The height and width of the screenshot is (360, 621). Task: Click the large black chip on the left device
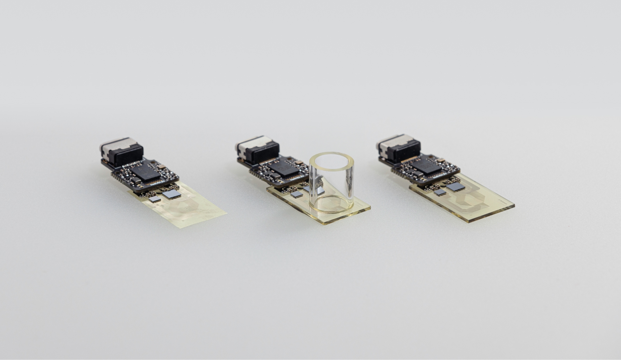[x=146, y=172]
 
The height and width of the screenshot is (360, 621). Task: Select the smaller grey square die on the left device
[x=155, y=199]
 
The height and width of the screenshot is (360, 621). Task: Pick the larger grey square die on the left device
[x=171, y=194]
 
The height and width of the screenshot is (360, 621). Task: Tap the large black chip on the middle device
[x=284, y=168]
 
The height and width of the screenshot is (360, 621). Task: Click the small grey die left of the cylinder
[x=297, y=194]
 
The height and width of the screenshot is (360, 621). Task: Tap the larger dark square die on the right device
[x=456, y=187]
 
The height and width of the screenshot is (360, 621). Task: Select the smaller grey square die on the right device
[x=440, y=192]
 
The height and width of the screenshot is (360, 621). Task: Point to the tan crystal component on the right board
[x=441, y=160]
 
